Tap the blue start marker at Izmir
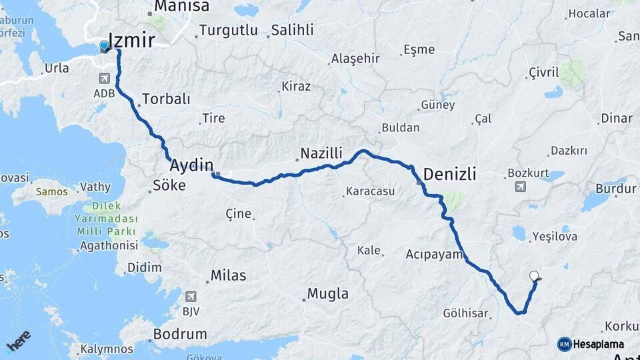tap(104, 47)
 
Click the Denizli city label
tap(450, 175)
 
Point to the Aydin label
tap(191, 165)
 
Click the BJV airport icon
tap(191, 296)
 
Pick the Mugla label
tap(327, 293)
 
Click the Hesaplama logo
tap(591, 344)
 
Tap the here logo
tap(18, 341)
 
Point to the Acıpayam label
tap(434, 254)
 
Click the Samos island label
tap(52, 191)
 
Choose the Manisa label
tap(181, 7)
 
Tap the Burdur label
tap(615, 189)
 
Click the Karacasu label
tap(370, 192)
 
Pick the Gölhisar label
tap(466, 313)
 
